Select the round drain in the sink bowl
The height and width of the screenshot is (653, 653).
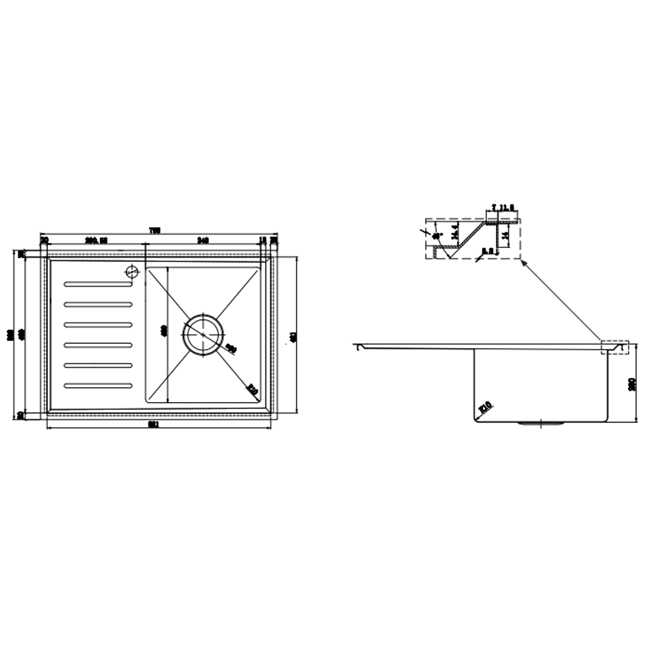204,333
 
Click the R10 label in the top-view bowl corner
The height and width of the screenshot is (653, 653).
252,391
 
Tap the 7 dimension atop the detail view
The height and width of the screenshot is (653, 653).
494,207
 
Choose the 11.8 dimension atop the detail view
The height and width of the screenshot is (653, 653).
507,207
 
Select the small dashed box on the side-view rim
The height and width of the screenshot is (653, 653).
615,348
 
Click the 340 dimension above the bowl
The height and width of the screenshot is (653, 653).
203,240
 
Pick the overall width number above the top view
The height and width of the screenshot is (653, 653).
155,230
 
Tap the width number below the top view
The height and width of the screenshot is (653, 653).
154,424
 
